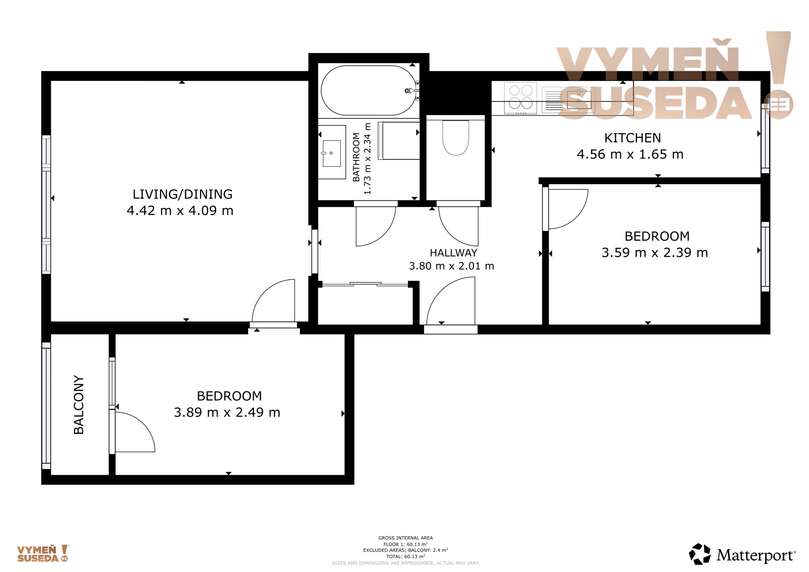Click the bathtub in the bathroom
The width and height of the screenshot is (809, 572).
coord(368,90)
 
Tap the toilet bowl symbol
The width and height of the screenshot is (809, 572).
coord(456,138)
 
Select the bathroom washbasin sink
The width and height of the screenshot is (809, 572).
coord(332,154)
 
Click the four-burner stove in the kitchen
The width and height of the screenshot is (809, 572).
coord(521,98)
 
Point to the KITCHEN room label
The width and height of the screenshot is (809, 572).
coord(632,138)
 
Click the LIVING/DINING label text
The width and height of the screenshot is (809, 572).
coord(182,195)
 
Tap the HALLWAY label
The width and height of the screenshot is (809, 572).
coord(453,253)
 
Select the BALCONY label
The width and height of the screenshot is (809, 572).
coord(79,405)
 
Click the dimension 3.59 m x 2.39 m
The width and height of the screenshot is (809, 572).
coord(655,253)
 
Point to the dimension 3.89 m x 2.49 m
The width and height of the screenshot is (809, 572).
coord(227,413)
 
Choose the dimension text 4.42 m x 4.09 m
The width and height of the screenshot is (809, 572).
coord(180,211)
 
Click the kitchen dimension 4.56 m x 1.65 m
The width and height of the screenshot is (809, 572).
coord(630,154)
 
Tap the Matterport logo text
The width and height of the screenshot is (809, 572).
coord(756,555)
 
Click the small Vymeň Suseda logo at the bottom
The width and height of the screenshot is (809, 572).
coord(43,553)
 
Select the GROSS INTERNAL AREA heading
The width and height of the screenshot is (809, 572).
coord(406,538)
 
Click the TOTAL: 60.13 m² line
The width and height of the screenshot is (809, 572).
coord(406,556)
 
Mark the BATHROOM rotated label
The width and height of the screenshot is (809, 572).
coord(356,157)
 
